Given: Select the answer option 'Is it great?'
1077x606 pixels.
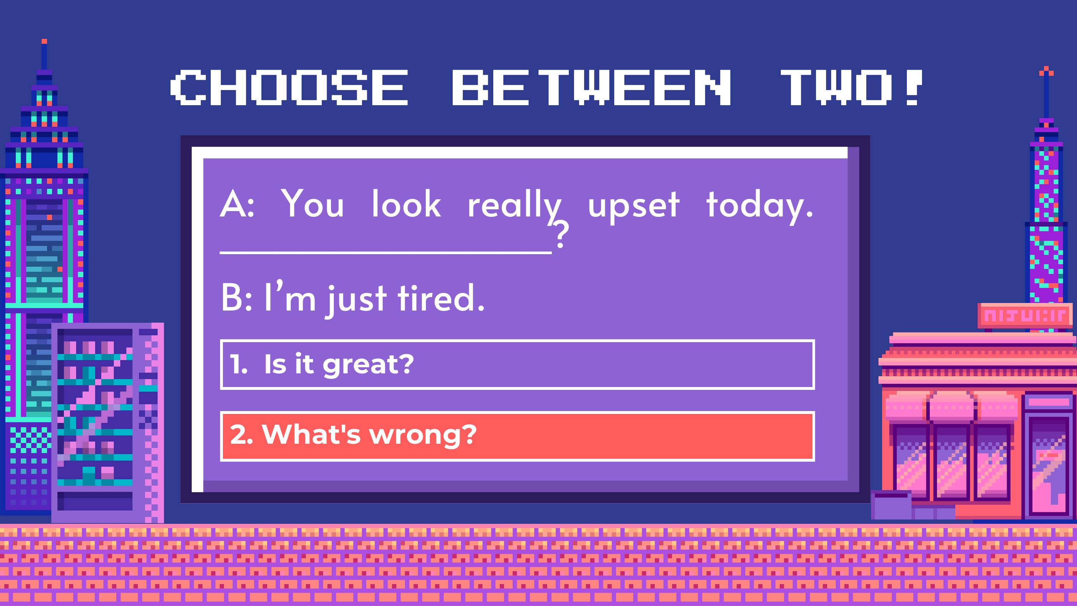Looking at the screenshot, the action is (517, 364).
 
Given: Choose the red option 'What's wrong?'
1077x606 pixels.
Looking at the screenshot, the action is (517, 436).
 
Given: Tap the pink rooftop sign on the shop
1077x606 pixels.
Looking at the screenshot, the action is (1025, 315).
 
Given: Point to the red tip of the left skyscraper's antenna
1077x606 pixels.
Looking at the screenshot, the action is (44, 41).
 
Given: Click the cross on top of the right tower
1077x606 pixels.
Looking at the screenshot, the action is (1046, 72).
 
